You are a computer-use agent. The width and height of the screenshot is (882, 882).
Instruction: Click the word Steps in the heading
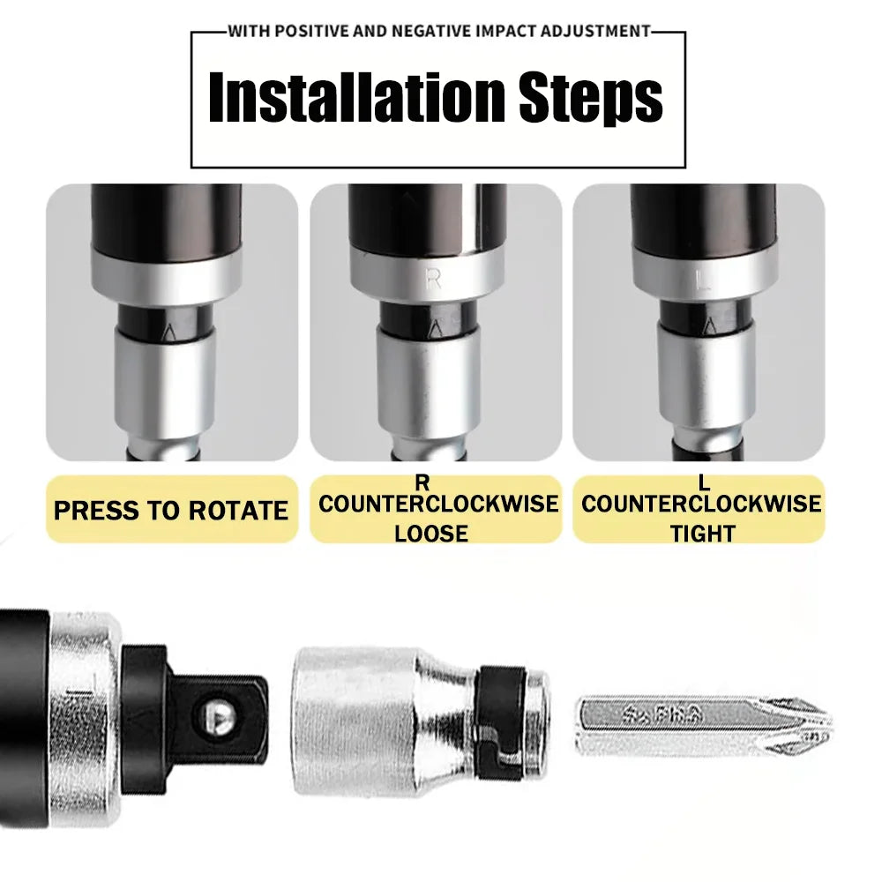590,99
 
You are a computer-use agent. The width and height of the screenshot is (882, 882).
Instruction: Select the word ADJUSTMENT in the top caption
595,32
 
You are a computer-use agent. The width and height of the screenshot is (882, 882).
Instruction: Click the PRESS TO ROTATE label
171,511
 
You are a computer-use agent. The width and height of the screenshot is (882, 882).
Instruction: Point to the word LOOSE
431,533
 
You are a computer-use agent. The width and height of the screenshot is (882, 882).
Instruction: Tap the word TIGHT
702,533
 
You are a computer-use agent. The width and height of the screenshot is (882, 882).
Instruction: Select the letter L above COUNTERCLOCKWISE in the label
703,482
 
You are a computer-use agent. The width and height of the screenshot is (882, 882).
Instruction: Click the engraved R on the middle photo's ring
433,280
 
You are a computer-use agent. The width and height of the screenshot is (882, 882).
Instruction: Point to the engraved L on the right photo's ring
702,283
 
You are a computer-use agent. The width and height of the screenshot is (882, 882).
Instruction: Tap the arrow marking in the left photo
169,333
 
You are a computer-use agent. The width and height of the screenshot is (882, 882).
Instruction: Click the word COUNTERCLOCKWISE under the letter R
438,505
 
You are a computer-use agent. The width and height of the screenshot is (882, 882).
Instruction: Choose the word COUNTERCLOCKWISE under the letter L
701,505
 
